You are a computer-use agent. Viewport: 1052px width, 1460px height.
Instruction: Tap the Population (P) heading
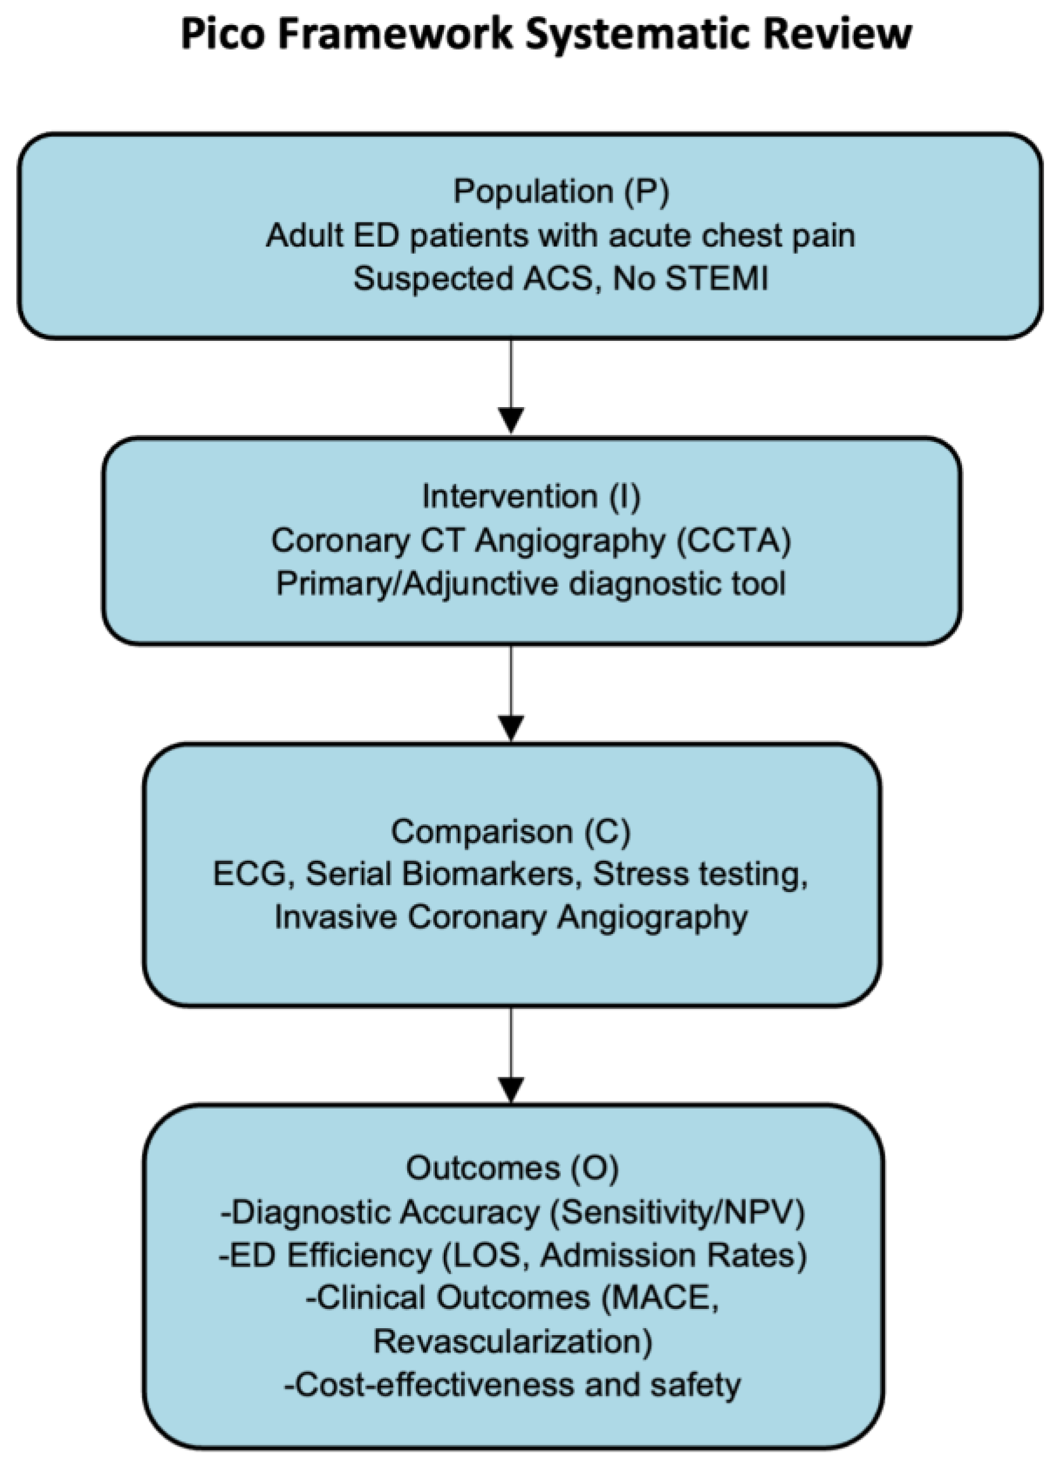tap(561, 192)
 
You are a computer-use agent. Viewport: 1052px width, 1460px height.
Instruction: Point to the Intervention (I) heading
tap(531, 497)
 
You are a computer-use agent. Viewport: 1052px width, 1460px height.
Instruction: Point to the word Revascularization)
tap(512, 1342)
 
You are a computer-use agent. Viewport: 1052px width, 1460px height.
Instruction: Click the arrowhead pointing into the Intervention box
tap(511, 420)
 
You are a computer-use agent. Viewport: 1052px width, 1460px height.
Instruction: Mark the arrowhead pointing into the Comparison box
tap(511, 728)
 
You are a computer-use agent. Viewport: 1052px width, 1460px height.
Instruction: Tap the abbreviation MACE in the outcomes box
tap(660, 1299)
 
